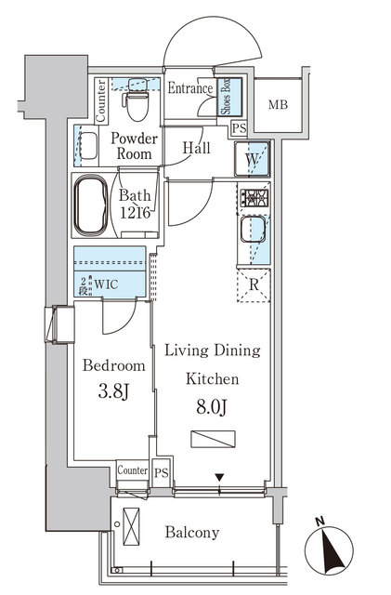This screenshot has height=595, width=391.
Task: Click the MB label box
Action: pyautogui.click(x=278, y=104)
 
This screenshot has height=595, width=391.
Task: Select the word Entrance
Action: pyautogui.click(x=191, y=88)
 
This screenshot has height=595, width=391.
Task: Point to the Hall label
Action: pyautogui.click(x=196, y=147)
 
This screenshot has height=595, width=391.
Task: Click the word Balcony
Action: pyautogui.click(x=192, y=533)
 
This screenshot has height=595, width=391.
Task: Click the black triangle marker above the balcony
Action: pyautogui.click(x=218, y=479)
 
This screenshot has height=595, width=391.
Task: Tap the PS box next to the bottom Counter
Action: pyautogui.click(x=162, y=470)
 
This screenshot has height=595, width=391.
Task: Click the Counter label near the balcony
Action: pyautogui.click(x=133, y=470)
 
